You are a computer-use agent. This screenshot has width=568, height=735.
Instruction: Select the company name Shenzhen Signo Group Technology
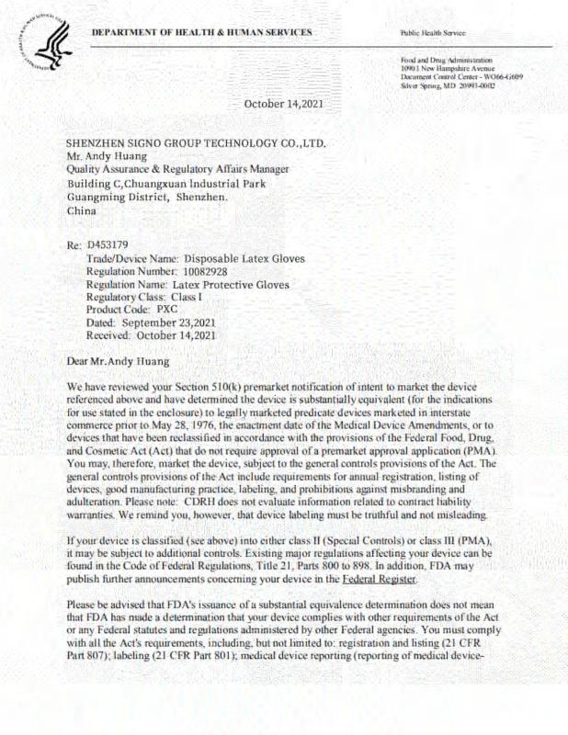click(x=196, y=143)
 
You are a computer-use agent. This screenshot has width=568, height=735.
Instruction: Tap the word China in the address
click(x=82, y=210)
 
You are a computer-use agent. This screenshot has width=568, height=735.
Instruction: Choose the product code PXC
click(x=166, y=311)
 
